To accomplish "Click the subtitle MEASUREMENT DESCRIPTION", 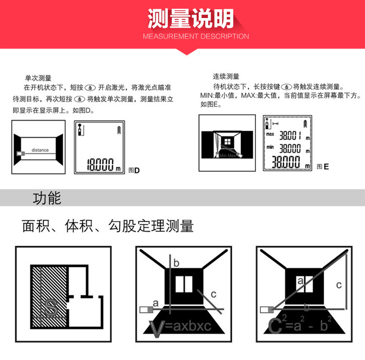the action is (196, 36).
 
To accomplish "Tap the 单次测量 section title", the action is (38, 77).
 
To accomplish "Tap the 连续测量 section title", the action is (226, 76).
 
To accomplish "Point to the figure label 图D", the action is (134, 170).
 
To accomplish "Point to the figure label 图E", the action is (323, 166).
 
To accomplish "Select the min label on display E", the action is (269, 147).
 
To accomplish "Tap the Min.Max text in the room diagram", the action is (227, 156).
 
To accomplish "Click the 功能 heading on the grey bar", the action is (47, 198).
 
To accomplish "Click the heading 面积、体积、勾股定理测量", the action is (108, 226).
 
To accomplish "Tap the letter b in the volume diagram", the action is (176, 263).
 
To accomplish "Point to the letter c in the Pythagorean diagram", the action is (339, 285).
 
